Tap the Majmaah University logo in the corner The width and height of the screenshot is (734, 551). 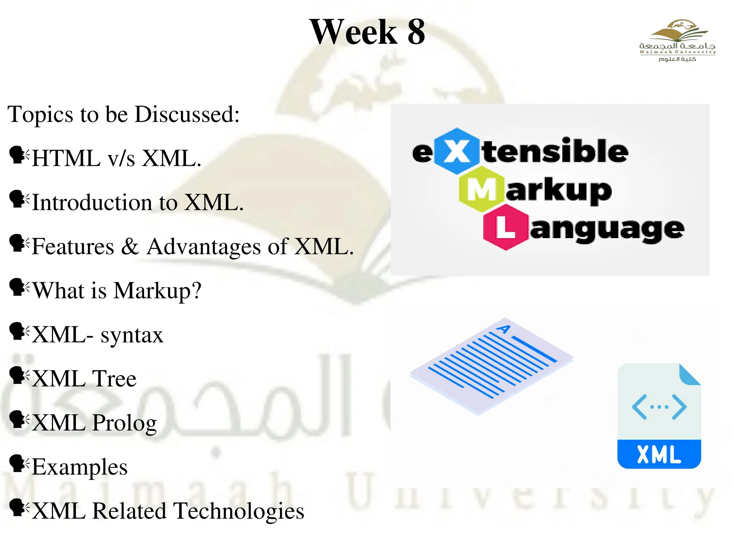point(677,41)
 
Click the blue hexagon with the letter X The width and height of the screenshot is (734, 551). point(456,151)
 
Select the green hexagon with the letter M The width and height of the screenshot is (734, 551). point(481,189)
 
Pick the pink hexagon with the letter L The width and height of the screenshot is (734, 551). point(505,227)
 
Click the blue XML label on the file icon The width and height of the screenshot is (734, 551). point(659,455)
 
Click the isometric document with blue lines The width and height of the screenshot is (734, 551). point(491,366)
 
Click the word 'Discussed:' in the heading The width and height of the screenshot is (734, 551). point(187,114)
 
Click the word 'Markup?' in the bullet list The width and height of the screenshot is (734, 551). point(157,291)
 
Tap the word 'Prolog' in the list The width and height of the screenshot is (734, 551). point(124,423)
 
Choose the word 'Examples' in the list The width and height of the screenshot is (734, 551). point(80,467)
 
